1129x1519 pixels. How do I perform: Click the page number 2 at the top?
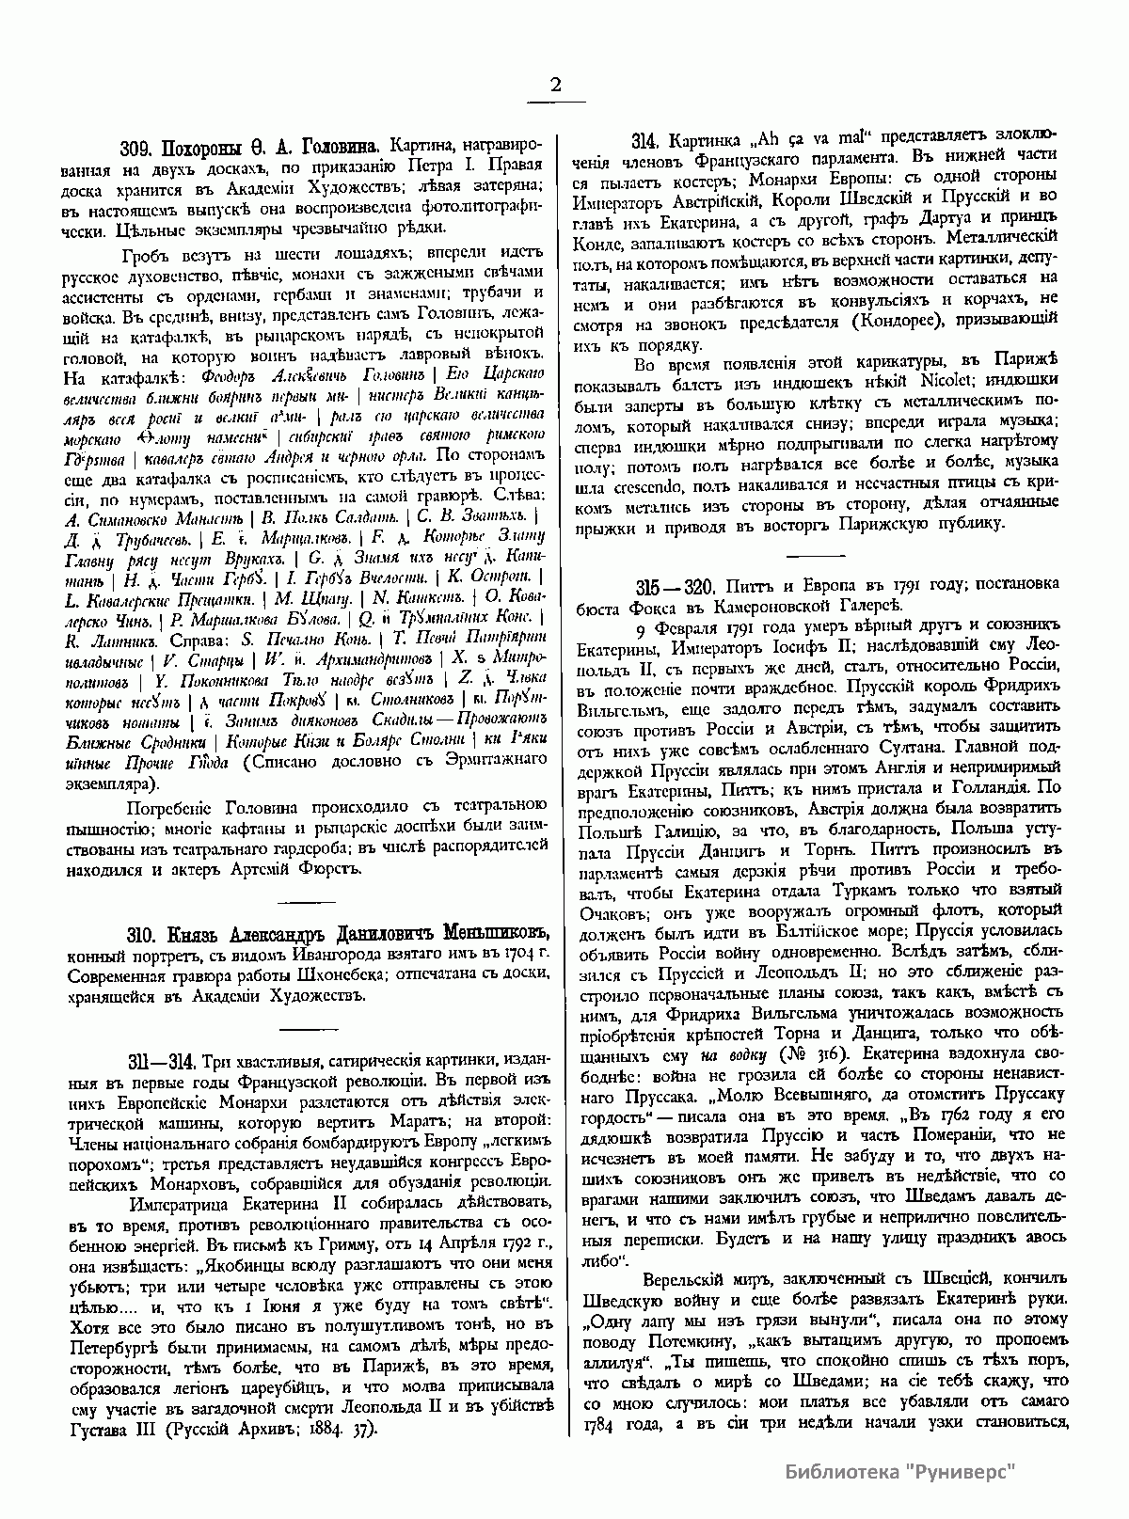coord(555,86)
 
